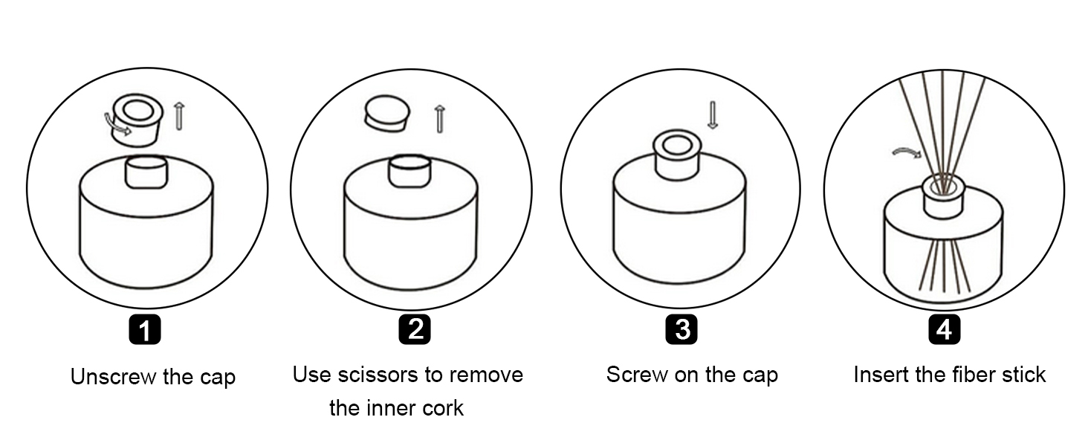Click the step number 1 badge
coord(145,329)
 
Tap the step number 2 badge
coord(414,329)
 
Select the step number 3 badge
coord(681,329)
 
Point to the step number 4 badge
coord(945,329)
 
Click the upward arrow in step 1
coord(179,116)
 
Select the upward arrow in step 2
coord(439,119)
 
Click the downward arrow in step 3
coord(713,115)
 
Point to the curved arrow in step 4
coord(907,152)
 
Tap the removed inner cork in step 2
coord(386,114)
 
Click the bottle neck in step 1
coord(146,172)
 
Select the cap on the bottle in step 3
coord(677,154)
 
